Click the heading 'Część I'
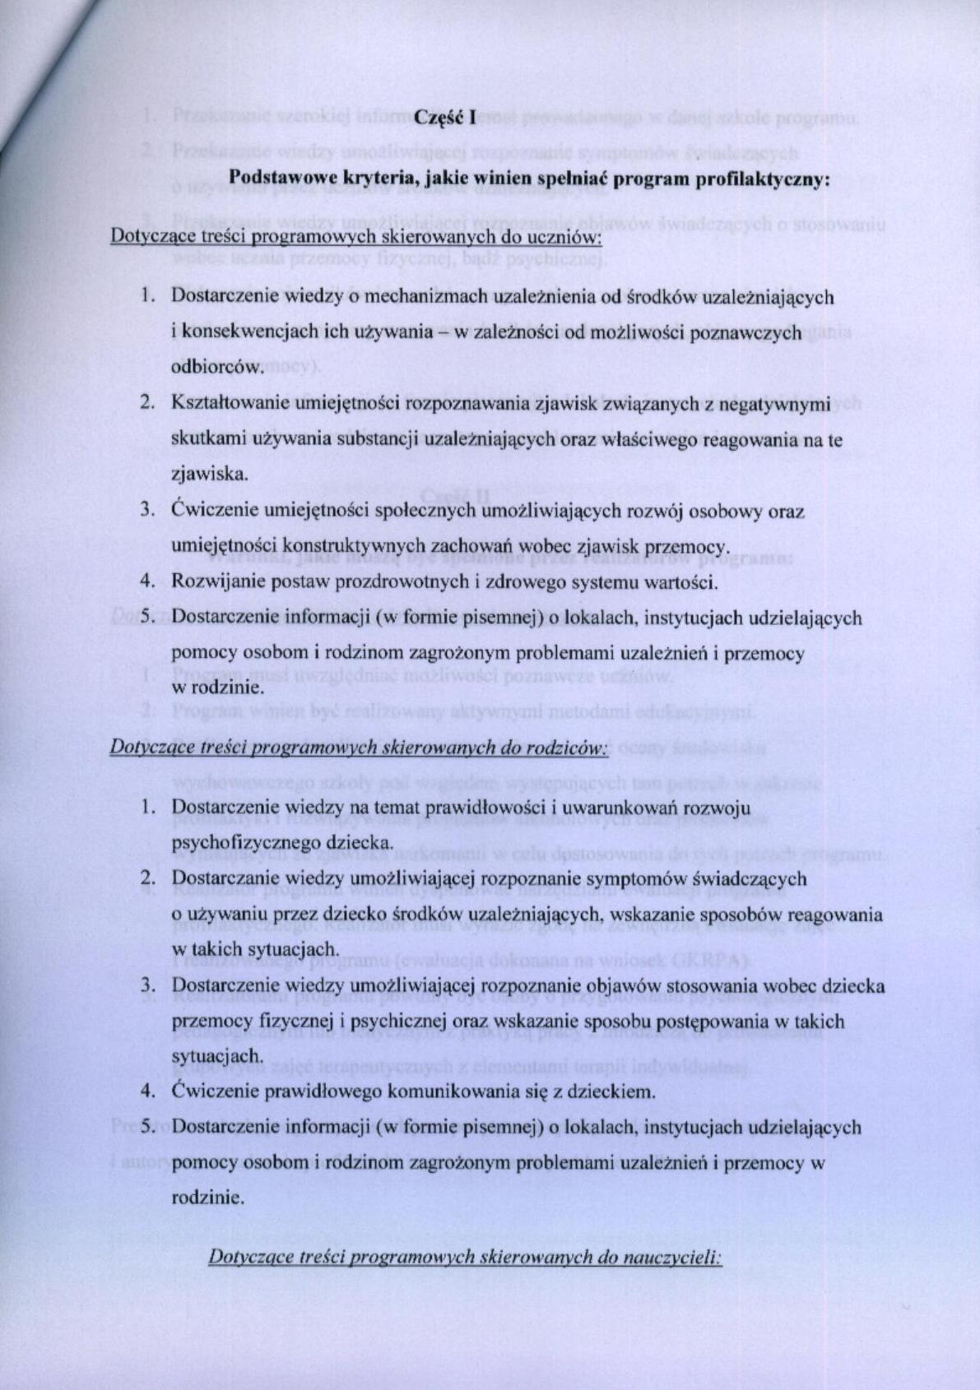pos(445,116)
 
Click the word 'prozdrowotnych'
pos(396,581)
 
